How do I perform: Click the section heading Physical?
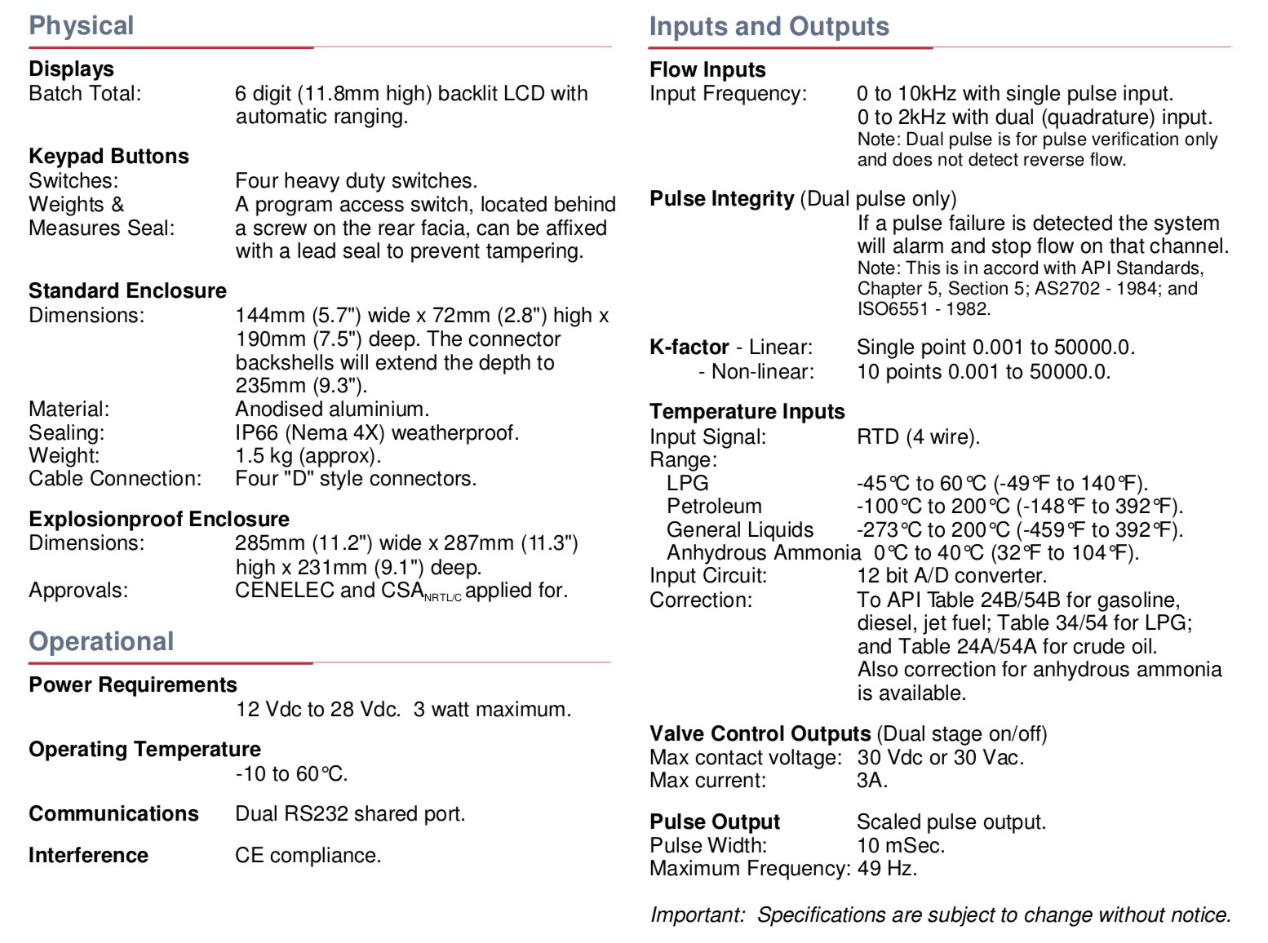point(81,25)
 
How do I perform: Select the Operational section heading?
point(101,641)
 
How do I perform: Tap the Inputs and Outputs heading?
point(769,26)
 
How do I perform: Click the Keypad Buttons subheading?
point(109,156)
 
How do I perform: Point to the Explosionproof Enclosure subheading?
point(159,519)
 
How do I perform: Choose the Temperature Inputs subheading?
point(747,411)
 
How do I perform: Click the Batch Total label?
point(85,93)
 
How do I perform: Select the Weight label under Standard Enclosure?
point(64,455)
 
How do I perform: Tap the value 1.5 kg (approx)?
point(308,455)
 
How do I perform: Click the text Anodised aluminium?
point(332,409)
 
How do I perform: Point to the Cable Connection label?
point(115,478)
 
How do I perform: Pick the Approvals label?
point(78,590)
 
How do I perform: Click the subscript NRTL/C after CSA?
point(442,598)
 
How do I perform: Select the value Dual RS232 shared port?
point(350,813)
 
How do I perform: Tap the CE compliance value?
point(308,855)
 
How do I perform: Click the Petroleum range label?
point(714,506)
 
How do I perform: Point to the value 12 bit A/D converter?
point(951,575)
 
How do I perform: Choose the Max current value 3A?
point(871,780)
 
